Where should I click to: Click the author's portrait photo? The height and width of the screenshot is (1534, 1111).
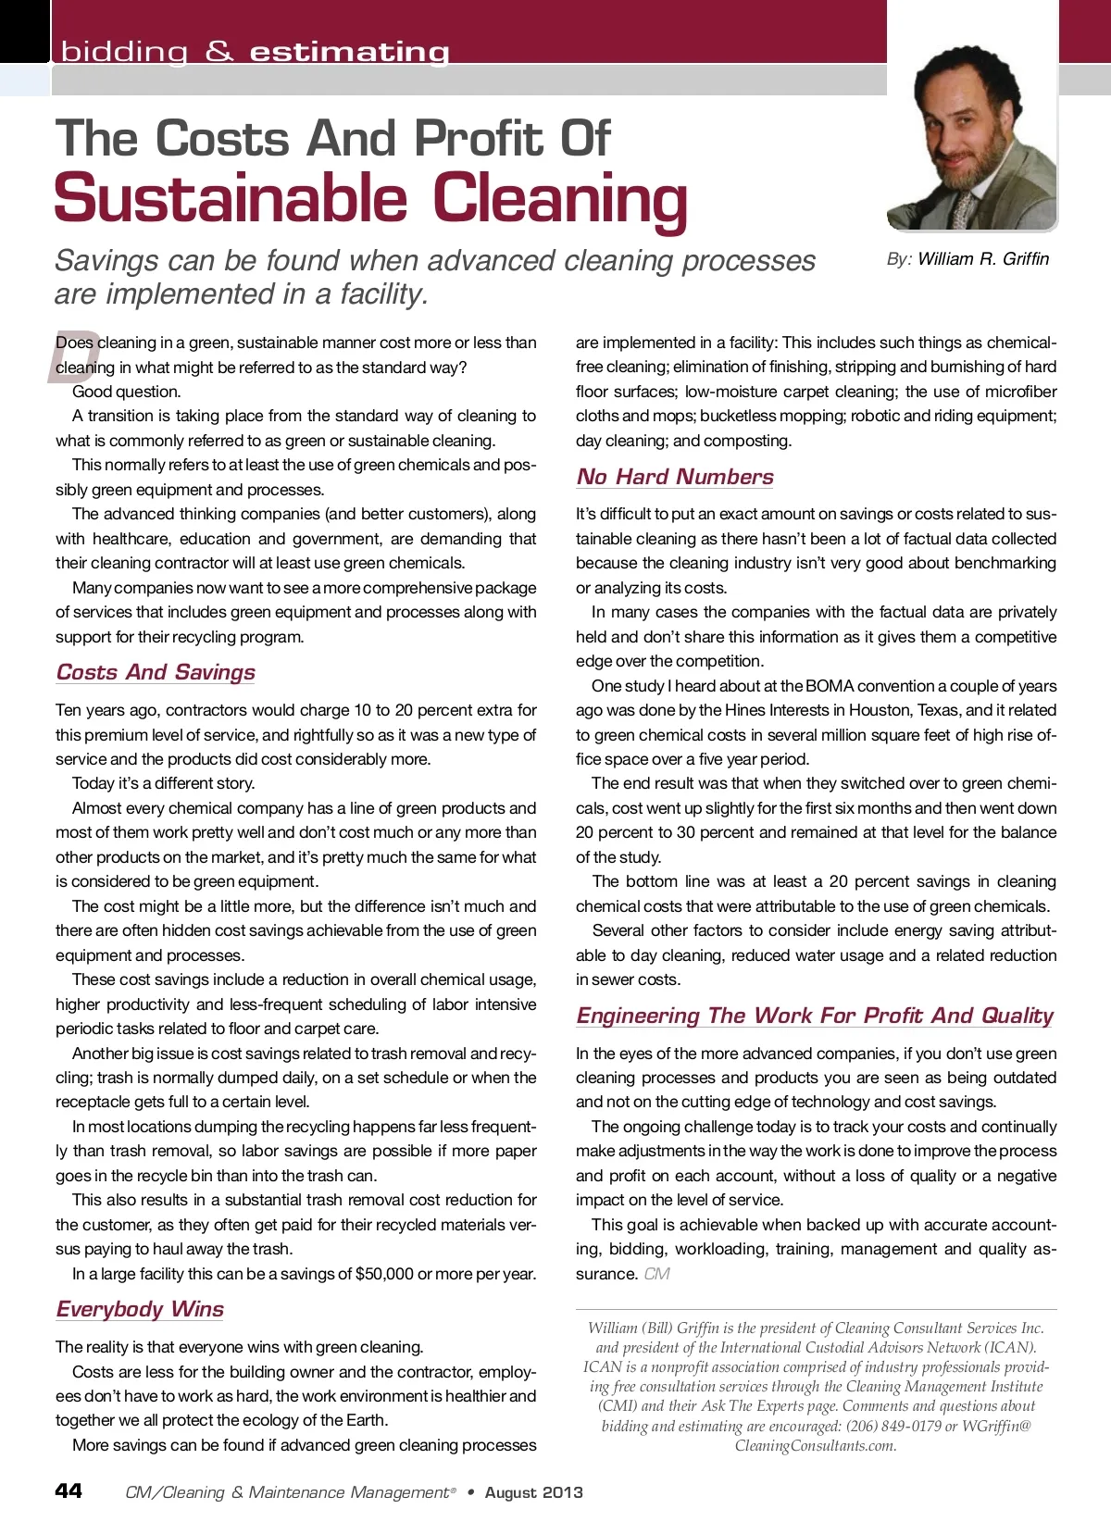[971, 130]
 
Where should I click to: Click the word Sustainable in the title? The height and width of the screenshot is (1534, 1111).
[231, 199]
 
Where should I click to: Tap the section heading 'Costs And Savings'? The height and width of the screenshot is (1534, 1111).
[156, 672]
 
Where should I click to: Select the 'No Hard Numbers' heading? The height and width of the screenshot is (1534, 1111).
[675, 477]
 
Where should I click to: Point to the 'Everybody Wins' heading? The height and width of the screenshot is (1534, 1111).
[140, 1309]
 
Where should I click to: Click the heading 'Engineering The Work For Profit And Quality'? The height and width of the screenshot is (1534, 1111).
[815, 1016]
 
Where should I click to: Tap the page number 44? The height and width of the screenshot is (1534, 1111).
[69, 1490]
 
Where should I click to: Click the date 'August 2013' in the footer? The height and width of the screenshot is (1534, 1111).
[534, 1492]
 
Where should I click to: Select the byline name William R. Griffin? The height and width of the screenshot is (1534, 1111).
[983, 259]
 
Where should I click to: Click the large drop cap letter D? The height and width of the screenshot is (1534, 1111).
[72, 355]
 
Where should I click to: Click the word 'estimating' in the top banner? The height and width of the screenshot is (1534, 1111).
[349, 52]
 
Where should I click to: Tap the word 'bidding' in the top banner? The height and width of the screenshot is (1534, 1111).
[124, 52]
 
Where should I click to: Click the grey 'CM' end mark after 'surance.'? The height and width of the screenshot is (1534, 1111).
[656, 1274]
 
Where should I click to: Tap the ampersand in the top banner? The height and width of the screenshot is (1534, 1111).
[219, 52]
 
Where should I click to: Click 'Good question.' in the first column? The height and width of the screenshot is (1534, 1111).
[126, 392]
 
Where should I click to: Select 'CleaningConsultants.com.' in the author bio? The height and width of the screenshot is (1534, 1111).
[816, 1445]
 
